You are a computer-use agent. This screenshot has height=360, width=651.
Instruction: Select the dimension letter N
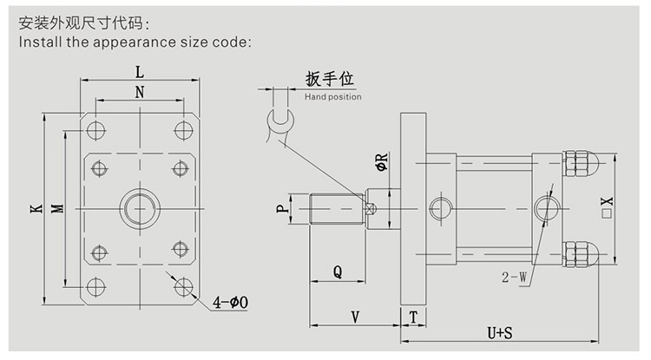(139, 90)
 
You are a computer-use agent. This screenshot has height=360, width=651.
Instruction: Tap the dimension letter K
(33, 209)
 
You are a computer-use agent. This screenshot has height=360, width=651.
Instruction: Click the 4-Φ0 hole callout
(231, 302)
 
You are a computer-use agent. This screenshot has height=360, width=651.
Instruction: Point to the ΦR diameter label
(379, 161)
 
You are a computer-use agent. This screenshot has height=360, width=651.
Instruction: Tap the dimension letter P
(280, 209)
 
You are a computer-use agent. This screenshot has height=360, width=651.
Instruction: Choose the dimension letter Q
(337, 272)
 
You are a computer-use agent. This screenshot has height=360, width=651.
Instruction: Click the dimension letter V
(354, 316)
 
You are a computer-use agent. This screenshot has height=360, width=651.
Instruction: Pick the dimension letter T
(414, 316)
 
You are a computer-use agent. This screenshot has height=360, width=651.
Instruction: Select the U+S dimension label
(499, 332)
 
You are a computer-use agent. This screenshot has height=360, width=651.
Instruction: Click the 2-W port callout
(513, 278)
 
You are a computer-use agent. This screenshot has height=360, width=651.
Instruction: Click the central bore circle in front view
(139, 209)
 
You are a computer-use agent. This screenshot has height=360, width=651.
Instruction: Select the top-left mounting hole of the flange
(95, 130)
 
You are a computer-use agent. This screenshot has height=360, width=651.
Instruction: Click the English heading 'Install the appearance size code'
(135, 40)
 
